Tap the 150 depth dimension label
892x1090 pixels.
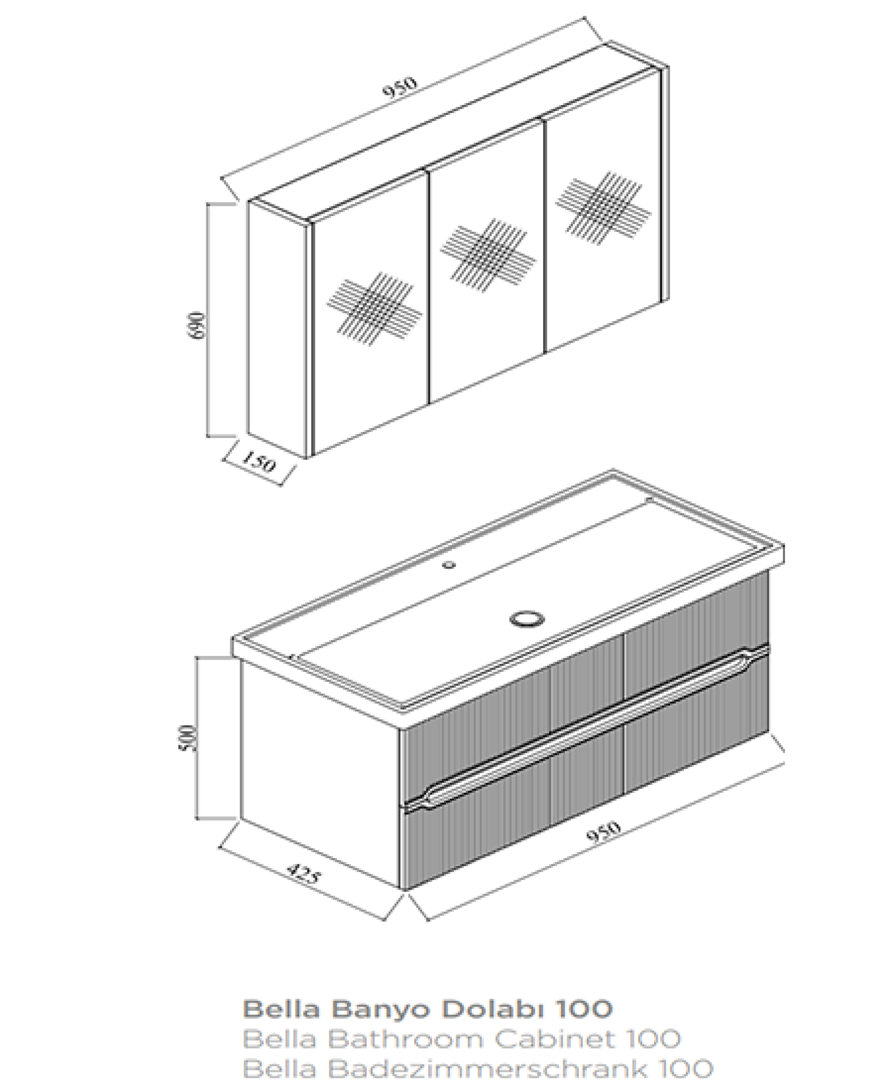tap(259, 461)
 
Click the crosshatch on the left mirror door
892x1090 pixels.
tap(374, 309)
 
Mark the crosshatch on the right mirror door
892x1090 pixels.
tap(603, 208)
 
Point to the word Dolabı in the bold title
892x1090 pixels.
tap(494, 1009)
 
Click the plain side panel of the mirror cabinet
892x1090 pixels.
tap(277, 329)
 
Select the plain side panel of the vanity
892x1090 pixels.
tap(320, 771)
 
